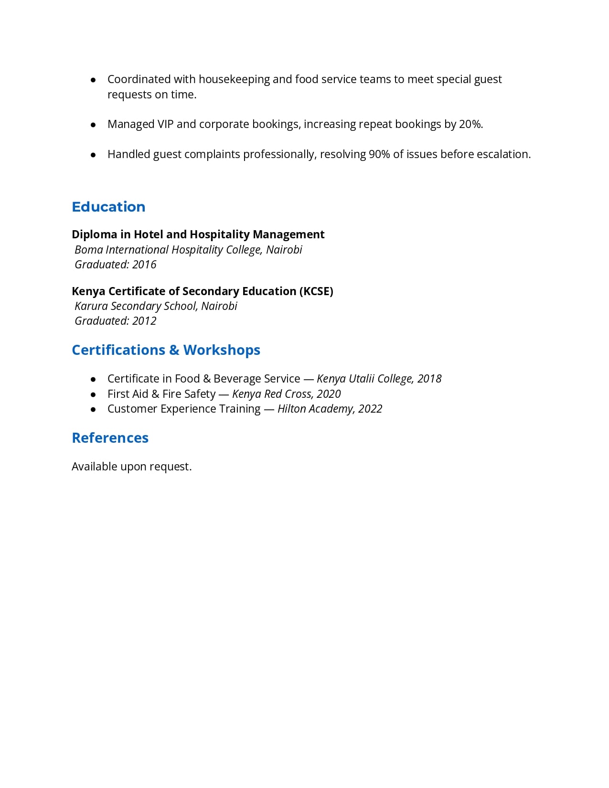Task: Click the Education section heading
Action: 108,207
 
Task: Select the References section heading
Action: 110,438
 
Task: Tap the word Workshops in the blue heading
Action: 222,350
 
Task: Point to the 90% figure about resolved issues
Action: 379,154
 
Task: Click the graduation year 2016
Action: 144,265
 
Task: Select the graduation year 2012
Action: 144,321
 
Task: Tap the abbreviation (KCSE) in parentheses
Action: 316,291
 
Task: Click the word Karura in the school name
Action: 91,306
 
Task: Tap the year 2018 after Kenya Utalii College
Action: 429,379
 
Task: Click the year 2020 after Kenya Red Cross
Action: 329,394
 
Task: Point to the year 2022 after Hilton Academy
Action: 370,409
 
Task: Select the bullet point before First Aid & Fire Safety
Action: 93,394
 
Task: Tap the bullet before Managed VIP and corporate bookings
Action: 93,125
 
